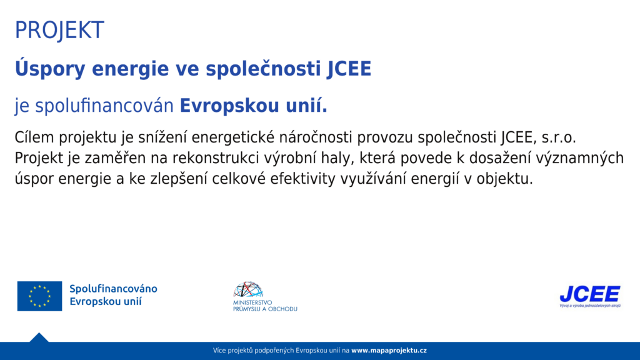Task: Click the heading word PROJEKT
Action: [59, 30]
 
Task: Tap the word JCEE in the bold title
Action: [349, 69]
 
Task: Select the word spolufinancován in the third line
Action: [104, 106]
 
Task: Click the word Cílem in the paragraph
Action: [34, 137]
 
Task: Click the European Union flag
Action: [39, 296]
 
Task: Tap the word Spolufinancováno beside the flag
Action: [114, 289]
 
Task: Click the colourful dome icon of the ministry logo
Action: [248, 289]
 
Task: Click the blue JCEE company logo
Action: [590, 294]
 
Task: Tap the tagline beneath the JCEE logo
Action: [590, 305]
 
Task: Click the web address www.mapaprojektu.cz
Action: [389, 351]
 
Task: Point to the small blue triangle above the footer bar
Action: [39, 337]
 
